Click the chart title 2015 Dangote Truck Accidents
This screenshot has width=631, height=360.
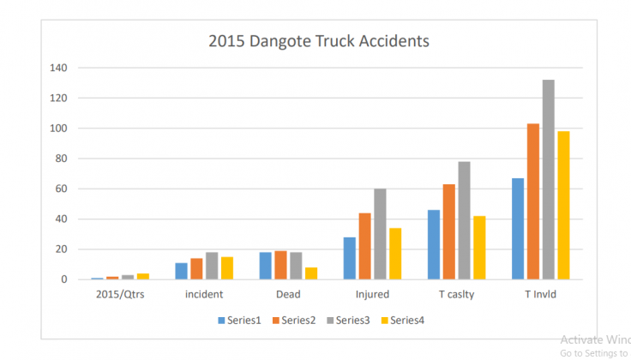coord(319,40)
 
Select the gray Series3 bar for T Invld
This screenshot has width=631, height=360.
coord(548,180)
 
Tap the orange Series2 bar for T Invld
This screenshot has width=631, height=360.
coord(533,201)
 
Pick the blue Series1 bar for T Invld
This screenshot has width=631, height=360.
coord(518,229)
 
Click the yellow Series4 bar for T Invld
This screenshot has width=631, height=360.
coord(563,206)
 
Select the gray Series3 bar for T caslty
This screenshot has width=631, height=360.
coord(464,220)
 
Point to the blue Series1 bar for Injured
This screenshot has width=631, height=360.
coord(350,258)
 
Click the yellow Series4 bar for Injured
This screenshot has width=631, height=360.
coord(395,254)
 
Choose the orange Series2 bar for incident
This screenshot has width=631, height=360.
coord(197,269)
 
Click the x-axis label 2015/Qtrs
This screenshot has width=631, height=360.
coord(122,296)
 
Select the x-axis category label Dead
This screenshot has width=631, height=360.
coord(288,296)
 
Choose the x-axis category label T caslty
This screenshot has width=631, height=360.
coord(456,296)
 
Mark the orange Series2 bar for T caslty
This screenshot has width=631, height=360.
coord(448,231)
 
